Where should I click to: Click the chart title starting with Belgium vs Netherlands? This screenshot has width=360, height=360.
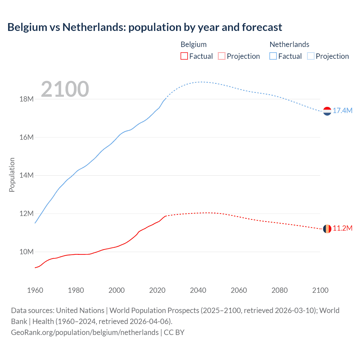click(x=145, y=27)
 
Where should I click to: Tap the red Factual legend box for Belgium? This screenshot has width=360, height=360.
click(x=184, y=56)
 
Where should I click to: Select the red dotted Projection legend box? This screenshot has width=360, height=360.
click(x=222, y=56)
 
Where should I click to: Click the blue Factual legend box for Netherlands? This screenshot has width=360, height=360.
click(x=273, y=56)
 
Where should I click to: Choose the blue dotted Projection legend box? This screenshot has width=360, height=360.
click(x=311, y=56)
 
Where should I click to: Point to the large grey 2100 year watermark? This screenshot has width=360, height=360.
click(x=65, y=89)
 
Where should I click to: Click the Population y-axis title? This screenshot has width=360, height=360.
click(x=12, y=175)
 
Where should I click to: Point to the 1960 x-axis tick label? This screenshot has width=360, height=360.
click(x=35, y=290)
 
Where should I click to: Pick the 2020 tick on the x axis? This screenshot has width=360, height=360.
click(x=157, y=290)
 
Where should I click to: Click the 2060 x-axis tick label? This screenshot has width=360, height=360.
click(x=239, y=290)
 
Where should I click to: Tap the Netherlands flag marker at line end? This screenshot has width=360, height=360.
click(x=327, y=111)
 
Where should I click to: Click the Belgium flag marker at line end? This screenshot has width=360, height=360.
click(x=327, y=229)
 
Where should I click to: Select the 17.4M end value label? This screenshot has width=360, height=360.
click(x=343, y=111)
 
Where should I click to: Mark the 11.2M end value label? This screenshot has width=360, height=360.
click(x=343, y=228)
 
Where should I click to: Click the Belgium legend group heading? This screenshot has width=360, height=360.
click(x=193, y=44)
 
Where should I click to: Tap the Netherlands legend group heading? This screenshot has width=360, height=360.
click(x=289, y=44)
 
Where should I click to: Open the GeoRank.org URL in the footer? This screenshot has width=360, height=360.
click(x=85, y=332)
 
